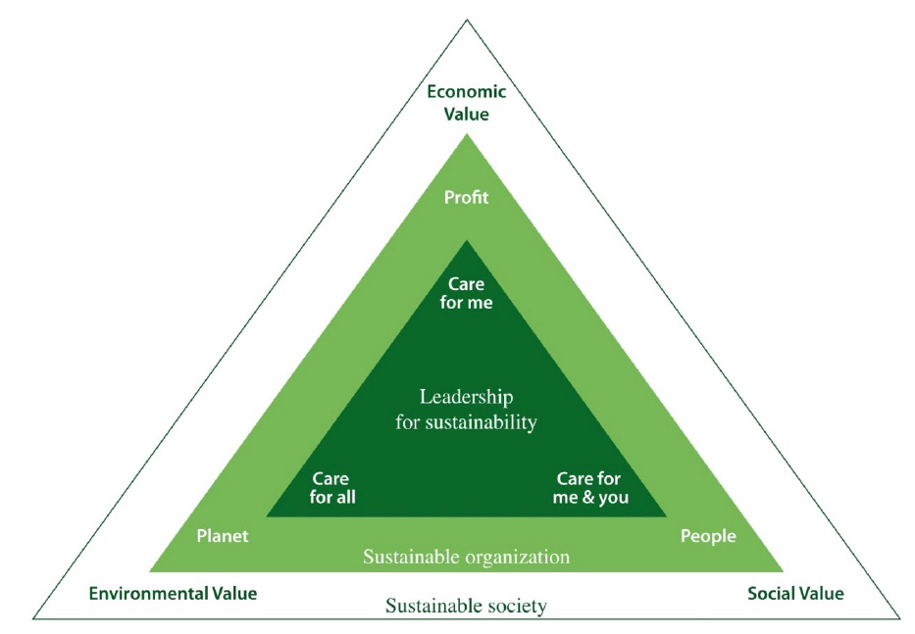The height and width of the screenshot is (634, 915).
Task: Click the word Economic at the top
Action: click(466, 91)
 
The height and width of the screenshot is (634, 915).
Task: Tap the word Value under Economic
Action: click(466, 114)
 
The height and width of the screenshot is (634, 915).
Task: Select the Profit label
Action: click(466, 197)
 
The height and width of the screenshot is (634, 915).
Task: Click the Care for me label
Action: click(466, 293)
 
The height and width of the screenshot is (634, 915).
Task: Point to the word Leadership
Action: click(466, 397)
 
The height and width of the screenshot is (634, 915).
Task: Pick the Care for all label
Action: click(332, 488)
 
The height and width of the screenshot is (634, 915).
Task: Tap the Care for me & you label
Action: click(590, 488)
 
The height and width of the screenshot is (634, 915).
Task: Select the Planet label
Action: click(223, 536)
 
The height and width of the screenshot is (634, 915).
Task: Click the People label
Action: click(708, 536)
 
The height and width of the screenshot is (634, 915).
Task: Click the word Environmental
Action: click(148, 594)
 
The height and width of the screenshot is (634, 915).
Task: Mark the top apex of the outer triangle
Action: click(466, 21)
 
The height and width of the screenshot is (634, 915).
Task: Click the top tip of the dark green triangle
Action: click(466, 240)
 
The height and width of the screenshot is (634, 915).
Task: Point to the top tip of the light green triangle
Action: click(466, 134)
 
